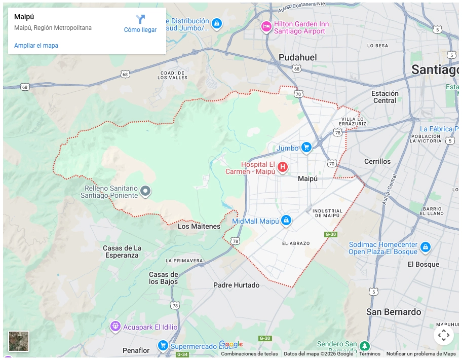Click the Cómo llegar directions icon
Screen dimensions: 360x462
click(140, 20)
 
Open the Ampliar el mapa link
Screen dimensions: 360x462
click(36, 46)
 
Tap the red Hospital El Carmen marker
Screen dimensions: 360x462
click(283, 167)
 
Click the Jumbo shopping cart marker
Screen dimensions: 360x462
click(306, 148)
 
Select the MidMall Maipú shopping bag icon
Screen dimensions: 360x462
click(286, 220)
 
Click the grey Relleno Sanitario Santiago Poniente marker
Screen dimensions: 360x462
click(145, 191)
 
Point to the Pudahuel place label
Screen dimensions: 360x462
click(298, 57)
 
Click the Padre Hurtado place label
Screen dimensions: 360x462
click(236, 285)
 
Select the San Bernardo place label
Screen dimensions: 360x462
click(394, 312)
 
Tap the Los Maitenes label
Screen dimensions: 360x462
click(199, 226)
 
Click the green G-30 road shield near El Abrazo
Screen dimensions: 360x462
click(330, 234)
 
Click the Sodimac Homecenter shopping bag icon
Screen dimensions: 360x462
click(425, 247)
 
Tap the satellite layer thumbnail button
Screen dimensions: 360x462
click(19, 341)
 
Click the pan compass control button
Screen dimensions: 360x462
click(443, 335)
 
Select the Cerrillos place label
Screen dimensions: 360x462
click(377, 161)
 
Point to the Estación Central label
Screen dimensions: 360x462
click(384, 97)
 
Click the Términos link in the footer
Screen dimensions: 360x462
click(369, 354)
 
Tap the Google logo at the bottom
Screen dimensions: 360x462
click(230, 344)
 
